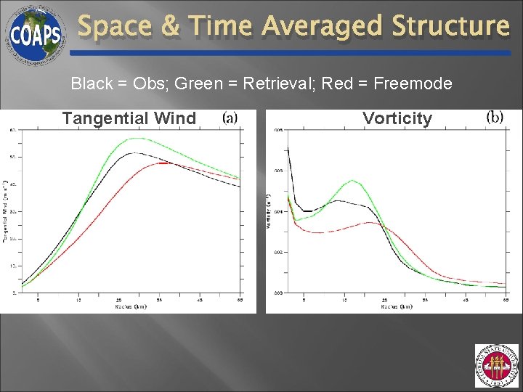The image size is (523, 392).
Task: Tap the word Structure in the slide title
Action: point(450,27)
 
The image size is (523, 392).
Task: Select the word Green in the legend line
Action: point(208,83)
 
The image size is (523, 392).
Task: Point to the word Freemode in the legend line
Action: point(413,83)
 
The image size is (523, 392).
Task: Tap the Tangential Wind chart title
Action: point(129,118)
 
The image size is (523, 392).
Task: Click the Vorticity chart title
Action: point(397,118)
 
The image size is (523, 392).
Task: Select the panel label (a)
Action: point(230,117)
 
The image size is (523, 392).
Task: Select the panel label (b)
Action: point(495,117)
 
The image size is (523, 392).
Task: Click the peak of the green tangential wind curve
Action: point(135,138)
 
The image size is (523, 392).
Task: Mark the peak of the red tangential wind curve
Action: point(166,163)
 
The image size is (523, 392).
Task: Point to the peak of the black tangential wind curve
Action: point(131,153)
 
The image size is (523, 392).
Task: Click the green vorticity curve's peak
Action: point(352,180)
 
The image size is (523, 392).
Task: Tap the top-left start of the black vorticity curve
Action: point(288,148)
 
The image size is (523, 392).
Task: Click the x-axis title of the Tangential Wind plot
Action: point(131,306)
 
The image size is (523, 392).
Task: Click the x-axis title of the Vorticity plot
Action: point(396,306)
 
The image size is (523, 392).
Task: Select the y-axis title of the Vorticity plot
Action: point(268,212)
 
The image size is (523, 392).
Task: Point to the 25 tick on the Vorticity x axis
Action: point(384,298)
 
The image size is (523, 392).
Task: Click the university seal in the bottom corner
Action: point(496,366)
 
